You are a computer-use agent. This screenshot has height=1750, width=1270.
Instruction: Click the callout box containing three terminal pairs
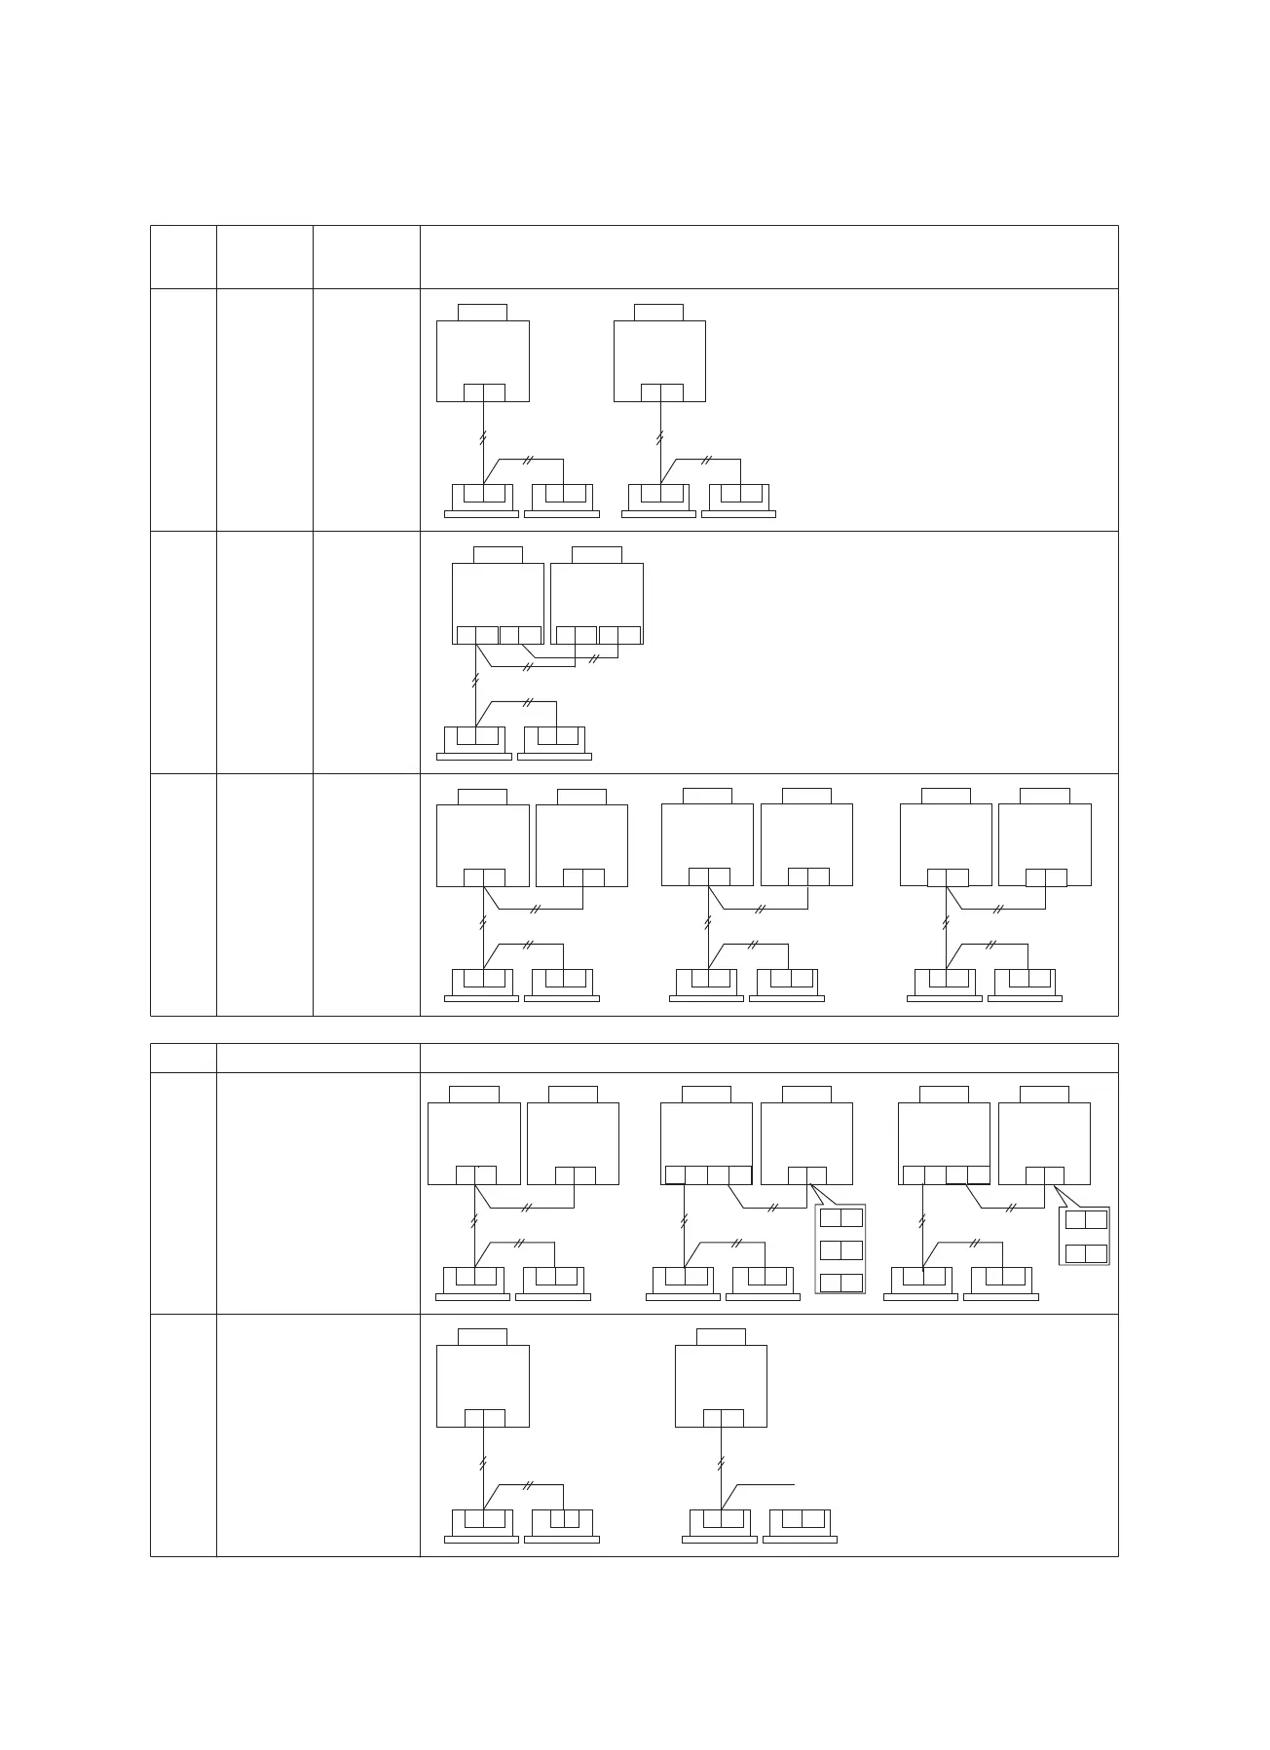coord(840,1248)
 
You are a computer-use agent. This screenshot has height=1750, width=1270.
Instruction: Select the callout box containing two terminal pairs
coord(1084,1236)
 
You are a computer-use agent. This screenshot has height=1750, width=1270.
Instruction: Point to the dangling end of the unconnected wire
coord(796,1484)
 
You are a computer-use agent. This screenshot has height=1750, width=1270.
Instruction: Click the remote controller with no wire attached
coord(800,1524)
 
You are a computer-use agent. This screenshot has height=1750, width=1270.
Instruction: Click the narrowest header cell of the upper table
coord(183,257)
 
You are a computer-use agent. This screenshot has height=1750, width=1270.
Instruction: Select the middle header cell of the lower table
coord(317,1058)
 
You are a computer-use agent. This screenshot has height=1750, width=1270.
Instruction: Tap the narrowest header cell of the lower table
coord(183,1058)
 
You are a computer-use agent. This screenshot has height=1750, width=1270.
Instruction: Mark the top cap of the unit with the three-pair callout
coord(806,1095)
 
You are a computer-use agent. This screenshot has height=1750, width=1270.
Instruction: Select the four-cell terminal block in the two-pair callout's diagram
coord(946,1174)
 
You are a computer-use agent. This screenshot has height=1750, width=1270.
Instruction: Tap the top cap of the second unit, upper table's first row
coord(658,312)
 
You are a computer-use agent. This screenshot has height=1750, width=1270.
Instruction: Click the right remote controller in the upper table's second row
coord(554,742)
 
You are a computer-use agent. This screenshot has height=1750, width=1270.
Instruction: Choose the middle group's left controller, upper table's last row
coord(706,985)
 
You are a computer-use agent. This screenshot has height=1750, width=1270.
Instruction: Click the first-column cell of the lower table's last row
coord(183,1434)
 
